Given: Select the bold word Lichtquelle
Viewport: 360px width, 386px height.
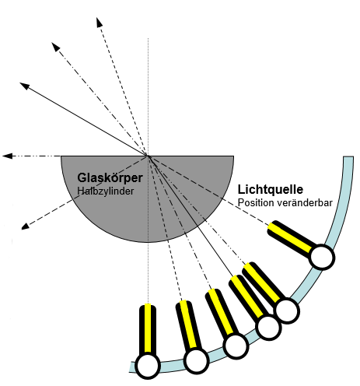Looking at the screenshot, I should pyautogui.click(x=270, y=189).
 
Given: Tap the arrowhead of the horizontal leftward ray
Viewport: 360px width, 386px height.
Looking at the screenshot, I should pyautogui.click(x=8, y=156).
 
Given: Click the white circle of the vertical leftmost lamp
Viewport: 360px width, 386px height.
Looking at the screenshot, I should pyautogui.click(x=147, y=364).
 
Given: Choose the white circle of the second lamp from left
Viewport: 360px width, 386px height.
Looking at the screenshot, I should pyautogui.click(x=195, y=360).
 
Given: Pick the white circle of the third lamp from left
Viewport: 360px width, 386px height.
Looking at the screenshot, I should pyautogui.click(x=235, y=346).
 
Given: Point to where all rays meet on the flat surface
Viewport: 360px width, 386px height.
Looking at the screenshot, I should pyautogui.click(x=147, y=156).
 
